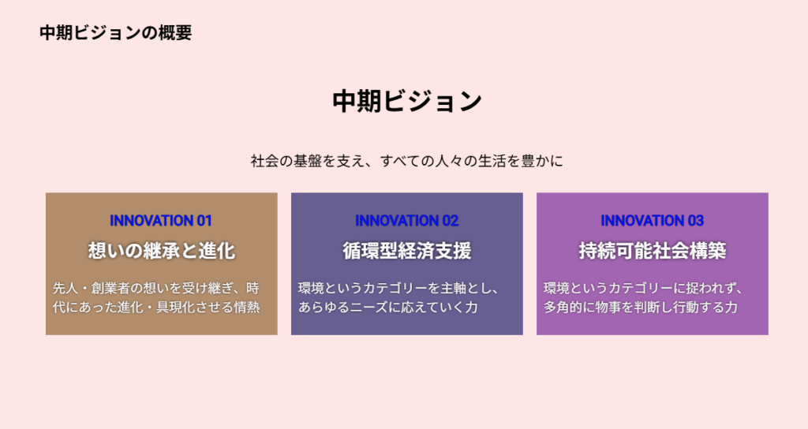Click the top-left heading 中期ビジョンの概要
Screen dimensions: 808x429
pos(115,32)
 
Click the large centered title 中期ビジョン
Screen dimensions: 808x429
pos(407,101)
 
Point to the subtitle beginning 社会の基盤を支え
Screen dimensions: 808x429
pos(407,161)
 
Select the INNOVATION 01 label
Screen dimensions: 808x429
pos(161,221)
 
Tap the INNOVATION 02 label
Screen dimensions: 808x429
pos(406,221)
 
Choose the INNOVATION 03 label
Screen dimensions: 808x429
pos(652,221)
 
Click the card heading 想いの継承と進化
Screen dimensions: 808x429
pos(161,251)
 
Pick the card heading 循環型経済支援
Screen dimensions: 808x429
pos(406,251)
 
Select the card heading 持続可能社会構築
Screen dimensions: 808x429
pos(652,251)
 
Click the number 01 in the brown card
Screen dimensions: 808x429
pos(204,221)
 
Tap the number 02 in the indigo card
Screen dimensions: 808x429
pos(451,221)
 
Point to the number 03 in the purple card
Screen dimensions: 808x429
pos(696,221)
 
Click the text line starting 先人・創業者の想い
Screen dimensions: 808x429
pos(156,288)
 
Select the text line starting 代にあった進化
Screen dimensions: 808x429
pos(156,307)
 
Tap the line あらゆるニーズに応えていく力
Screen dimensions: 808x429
pos(388,307)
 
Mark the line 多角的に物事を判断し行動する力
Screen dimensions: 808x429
pos(641,307)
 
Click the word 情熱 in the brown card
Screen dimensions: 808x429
pos(247,307)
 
